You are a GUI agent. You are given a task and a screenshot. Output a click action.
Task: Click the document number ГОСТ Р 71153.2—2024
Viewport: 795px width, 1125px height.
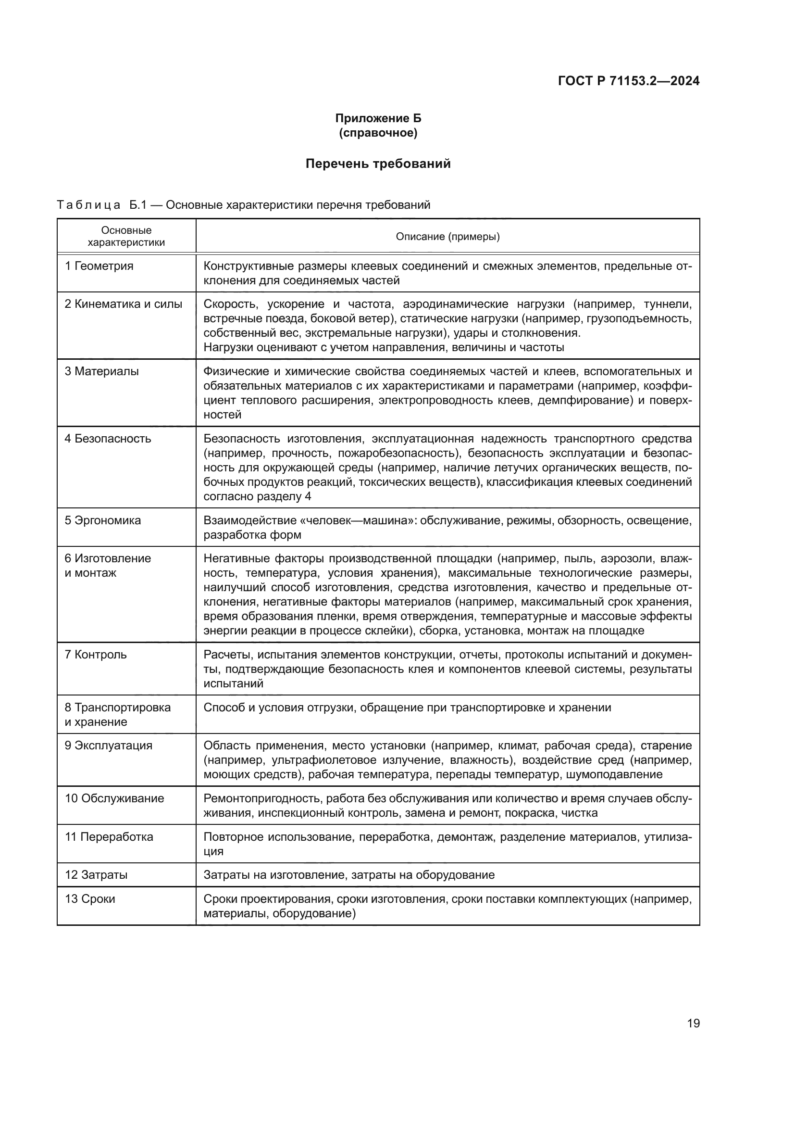tap(629, 81)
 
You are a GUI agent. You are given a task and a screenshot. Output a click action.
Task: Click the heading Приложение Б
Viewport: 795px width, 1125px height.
tap(378, 118)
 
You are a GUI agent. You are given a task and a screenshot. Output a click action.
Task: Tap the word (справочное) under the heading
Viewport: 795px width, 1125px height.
tap(378, 133)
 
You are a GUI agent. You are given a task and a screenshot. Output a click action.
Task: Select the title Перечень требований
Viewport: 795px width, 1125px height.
tap(378, 164)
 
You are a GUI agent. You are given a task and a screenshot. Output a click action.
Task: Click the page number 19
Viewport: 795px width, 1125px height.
tap(693, 1023)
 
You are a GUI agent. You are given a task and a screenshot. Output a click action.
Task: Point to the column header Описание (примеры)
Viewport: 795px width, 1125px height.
tap(447, 237)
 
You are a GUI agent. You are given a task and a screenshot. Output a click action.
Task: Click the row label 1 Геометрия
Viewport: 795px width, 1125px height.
tap(99, 266)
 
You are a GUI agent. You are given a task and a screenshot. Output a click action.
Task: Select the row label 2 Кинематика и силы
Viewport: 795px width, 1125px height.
tap(124, 304)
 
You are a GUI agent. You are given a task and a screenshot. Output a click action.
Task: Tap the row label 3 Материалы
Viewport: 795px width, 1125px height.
tap(102, 371)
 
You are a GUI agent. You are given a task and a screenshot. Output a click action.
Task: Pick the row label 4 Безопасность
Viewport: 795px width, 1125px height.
tap(108, 439)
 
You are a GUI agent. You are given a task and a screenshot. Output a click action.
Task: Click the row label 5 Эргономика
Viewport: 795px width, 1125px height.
tap(103, 520)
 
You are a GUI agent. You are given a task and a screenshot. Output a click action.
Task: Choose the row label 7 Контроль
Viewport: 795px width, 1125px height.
tap(96, 655)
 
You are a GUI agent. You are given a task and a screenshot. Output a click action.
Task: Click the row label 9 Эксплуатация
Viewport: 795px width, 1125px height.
tap(108, 745)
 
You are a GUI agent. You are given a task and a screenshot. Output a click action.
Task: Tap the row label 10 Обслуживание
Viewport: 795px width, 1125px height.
tap(114, 798)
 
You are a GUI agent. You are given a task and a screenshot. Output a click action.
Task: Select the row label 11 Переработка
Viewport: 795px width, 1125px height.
tap(109, 836)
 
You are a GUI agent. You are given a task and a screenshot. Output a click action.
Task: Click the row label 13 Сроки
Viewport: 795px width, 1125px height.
tap(90, 898)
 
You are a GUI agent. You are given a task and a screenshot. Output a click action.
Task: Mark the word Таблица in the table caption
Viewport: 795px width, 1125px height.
tap(88, 205)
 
